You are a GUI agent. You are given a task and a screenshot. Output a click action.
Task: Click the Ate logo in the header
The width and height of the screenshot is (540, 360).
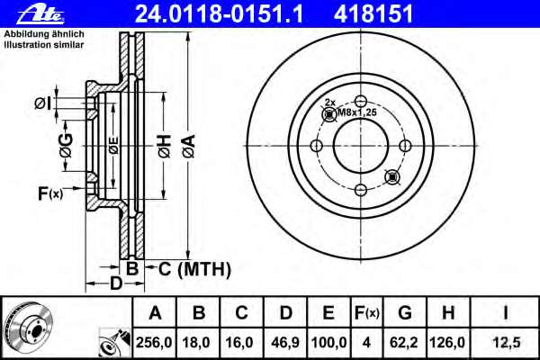coord(40,14)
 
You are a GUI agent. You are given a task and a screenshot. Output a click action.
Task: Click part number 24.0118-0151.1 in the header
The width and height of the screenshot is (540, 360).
coord(220,13)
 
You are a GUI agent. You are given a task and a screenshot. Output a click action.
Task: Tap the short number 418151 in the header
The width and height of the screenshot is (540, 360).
coord(373,13)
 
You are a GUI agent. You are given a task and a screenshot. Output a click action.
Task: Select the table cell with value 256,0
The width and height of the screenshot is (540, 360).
coord(154,342)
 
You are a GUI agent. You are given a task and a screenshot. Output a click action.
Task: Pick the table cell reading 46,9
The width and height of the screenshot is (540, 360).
coord(285,342)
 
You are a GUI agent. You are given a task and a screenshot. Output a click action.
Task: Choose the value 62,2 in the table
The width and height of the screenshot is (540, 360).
coord(404,342)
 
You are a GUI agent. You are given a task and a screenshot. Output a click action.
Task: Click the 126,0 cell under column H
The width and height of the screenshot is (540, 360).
coord(447,342)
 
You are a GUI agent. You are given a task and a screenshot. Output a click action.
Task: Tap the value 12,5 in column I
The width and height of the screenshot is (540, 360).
coord(507,342)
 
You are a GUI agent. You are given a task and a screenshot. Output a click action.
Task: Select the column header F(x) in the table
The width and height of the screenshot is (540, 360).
coord(366,313)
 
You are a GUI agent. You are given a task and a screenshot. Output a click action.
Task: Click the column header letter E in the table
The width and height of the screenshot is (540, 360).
coord(328,313)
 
